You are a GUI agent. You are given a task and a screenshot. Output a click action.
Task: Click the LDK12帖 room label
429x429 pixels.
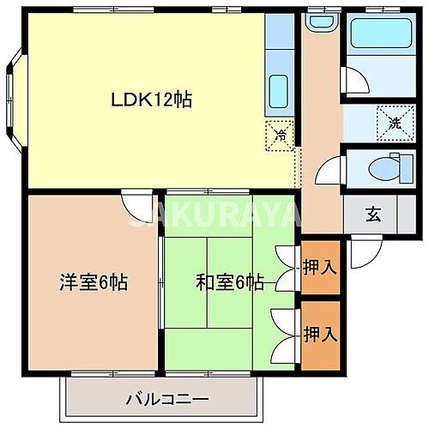pos(150,99)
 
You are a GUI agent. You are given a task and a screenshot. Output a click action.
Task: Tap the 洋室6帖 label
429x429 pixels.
pos(94,282)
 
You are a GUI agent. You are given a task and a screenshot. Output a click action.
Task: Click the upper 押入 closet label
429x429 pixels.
pos(320,267)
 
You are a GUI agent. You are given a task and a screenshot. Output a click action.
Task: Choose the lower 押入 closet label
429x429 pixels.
pos(320,331)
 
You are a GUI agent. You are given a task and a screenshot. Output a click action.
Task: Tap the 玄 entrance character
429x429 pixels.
pos(373,214)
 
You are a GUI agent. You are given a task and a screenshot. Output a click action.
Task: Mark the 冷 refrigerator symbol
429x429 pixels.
pos(281,133)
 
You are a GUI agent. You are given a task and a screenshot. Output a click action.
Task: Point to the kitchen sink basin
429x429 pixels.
pos(278,89)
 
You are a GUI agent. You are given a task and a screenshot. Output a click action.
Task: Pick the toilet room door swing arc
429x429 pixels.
pos(330,168)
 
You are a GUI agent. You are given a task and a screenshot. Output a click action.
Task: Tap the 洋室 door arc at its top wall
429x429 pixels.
pos(135,203)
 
